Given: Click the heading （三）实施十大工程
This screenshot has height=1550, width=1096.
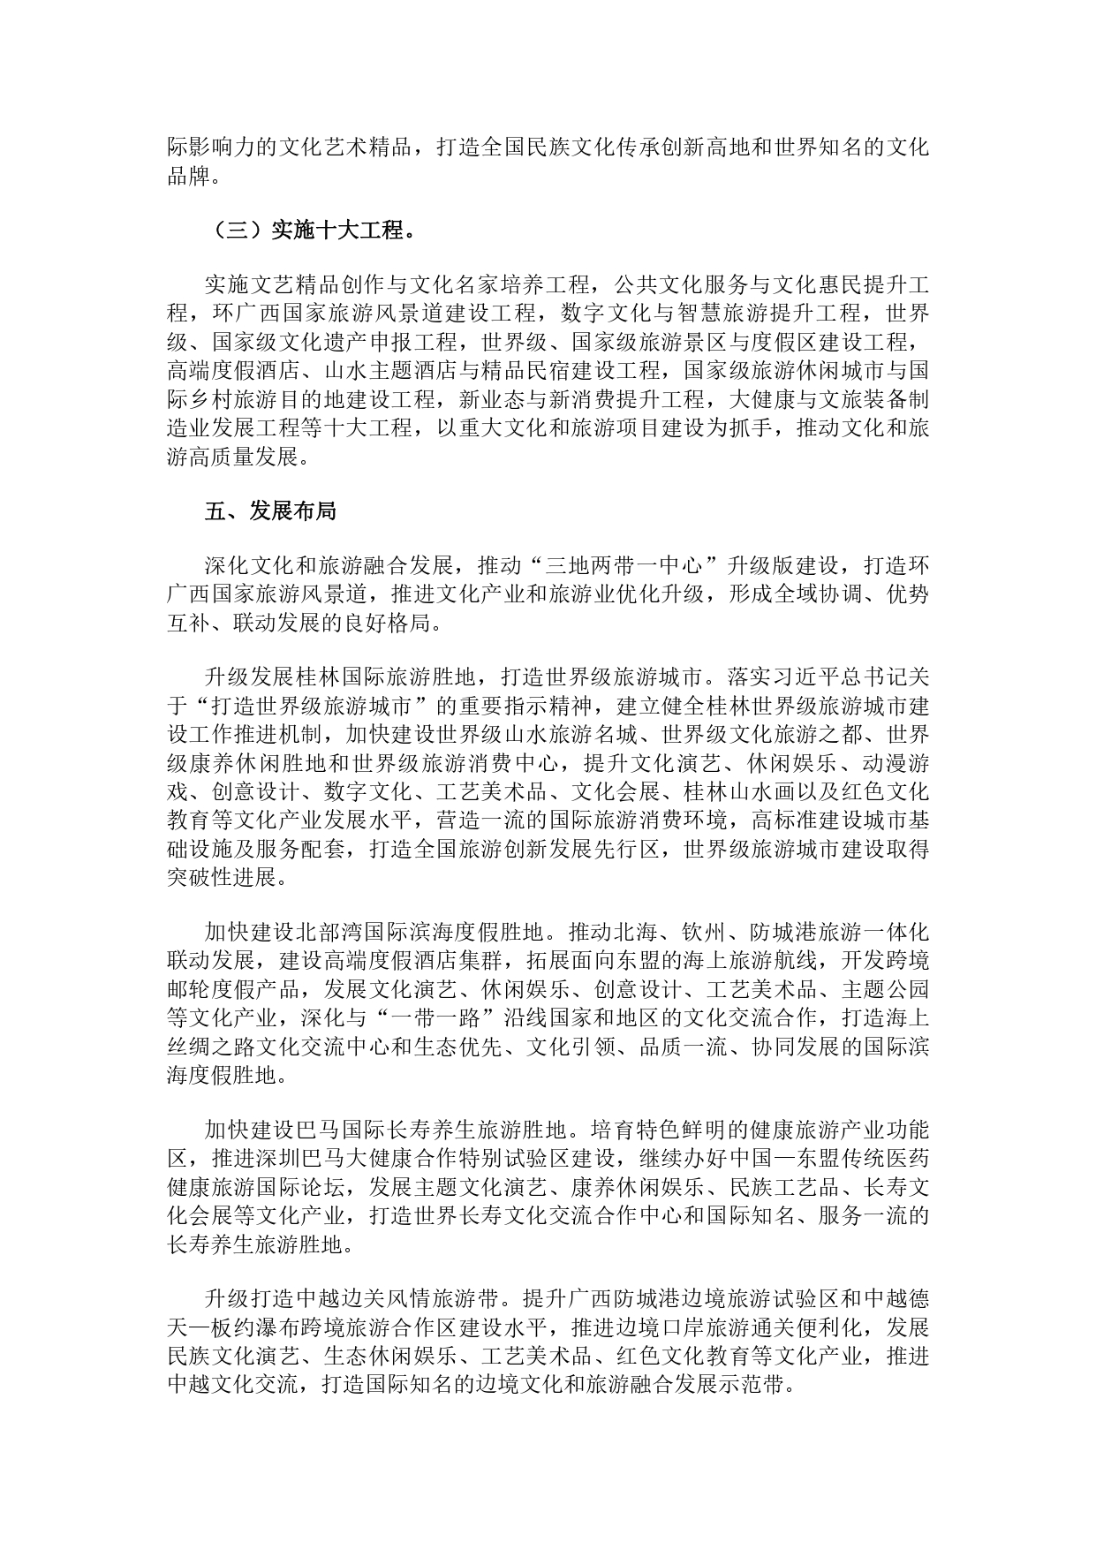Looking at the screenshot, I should [312, 231].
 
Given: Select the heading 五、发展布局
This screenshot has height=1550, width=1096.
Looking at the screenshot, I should [270, 511].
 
